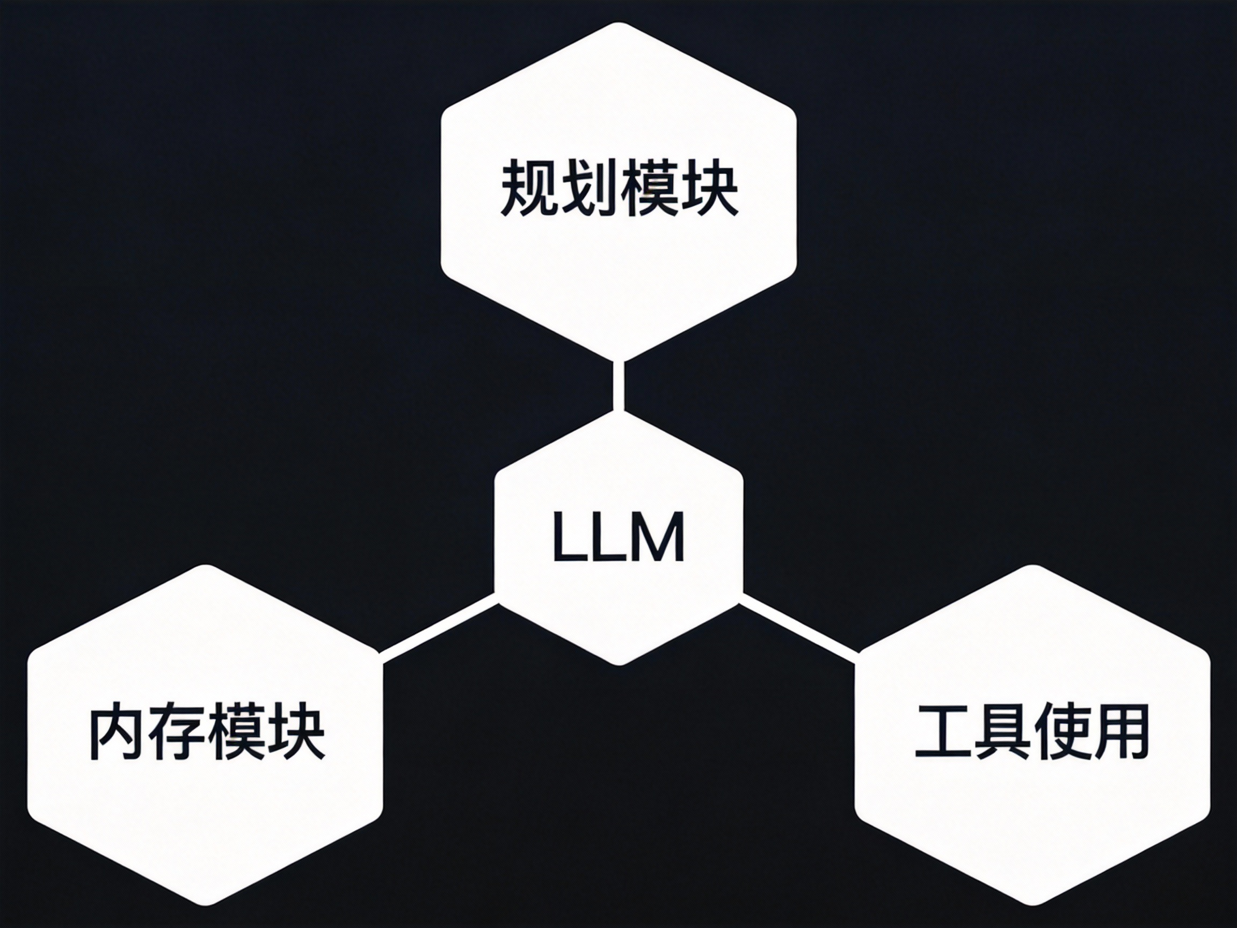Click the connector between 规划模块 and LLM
click(x=618, y=386)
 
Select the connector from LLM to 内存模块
click(x=439, y=629)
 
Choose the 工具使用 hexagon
click(x=1032, y=811)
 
